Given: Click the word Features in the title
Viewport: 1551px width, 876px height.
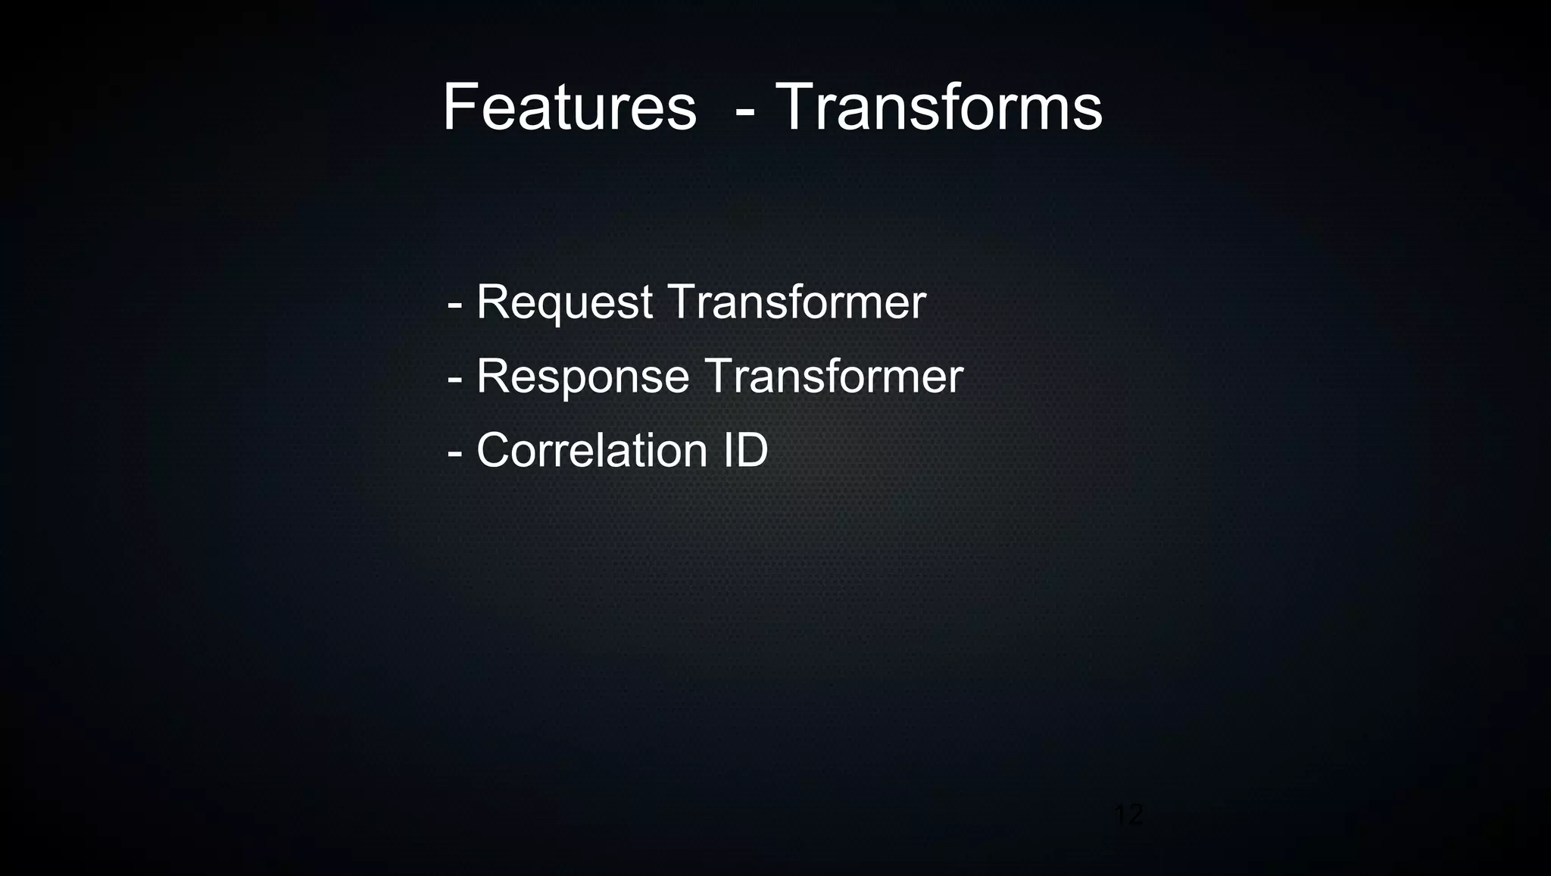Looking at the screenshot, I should (569, 108).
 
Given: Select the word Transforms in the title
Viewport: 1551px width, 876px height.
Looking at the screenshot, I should (939, 108).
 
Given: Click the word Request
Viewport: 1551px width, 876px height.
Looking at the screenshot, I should (564, 302).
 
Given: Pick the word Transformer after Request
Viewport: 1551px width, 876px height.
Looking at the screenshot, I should (797, 302).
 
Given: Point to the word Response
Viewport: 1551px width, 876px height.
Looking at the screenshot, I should (582, 376).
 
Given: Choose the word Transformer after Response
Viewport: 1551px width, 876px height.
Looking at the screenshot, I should (834, 376).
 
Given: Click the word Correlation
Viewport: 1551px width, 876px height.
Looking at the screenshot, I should (591, 450).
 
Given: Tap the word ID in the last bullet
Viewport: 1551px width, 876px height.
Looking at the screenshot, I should (745, 450).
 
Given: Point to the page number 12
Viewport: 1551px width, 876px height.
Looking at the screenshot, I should (1128, 815).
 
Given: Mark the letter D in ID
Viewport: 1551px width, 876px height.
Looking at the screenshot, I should (751, 450).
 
